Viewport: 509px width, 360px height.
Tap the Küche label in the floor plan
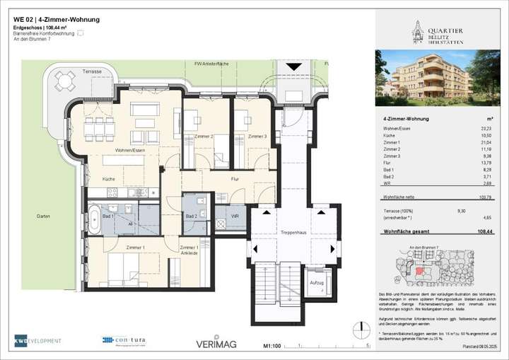click(108, 179)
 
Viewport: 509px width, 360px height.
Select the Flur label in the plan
click(235, 179)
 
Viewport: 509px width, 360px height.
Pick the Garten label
click(45, 216)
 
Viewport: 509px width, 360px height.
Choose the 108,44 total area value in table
click(484, 231)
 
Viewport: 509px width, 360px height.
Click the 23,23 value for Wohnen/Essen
click(486, 129)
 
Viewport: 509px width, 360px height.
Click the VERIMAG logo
click(216, 344)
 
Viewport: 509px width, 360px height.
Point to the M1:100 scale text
click(273, 346)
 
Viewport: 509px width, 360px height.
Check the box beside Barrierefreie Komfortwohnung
click(81, 33)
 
